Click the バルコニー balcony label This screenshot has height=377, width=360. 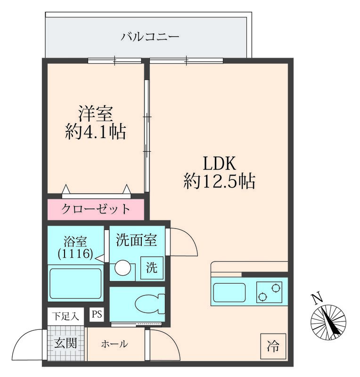[150, 37]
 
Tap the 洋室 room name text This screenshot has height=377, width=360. [96, 114]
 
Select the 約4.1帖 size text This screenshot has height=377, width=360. [95, 131]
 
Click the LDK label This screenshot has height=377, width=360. [219, 163]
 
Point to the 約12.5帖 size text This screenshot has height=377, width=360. [219, 181]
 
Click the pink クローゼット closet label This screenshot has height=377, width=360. [96, 209]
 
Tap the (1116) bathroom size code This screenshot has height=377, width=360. [75, 254]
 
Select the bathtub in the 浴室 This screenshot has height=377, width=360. [75, 284]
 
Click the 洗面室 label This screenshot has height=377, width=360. [136, 240]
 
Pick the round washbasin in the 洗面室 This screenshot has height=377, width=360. [123, 268]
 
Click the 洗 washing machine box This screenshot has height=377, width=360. [152, 268]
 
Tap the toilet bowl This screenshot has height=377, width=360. [149, 304]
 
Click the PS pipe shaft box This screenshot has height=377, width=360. [97, 314]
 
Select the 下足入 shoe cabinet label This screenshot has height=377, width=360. [65, 316]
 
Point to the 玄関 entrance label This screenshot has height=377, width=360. [65, 343]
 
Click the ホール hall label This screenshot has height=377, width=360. [115, 344]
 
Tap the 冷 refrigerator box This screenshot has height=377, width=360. [273, 346]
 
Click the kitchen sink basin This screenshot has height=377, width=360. [229, 292]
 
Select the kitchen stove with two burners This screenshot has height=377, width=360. [269, 292]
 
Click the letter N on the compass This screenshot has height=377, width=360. [317, 299]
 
